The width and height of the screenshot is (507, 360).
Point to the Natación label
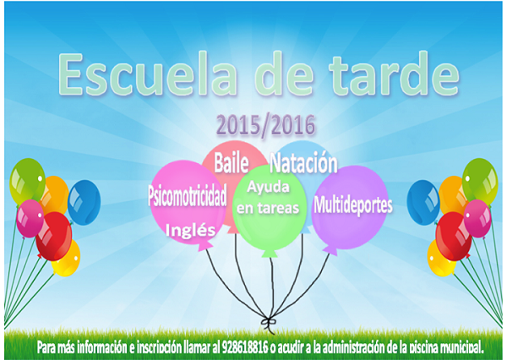pos(303,161)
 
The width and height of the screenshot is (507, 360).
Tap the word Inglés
pos(191,228)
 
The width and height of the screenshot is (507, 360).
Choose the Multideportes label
pos(353,204)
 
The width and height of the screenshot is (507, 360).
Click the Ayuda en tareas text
pos(268,200)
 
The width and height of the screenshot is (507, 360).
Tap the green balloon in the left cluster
pos(26,180)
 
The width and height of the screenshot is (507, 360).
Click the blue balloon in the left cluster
pos(84,201)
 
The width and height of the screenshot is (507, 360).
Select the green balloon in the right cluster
pos(479,178)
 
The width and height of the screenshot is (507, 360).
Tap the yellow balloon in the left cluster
pos(65,258)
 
